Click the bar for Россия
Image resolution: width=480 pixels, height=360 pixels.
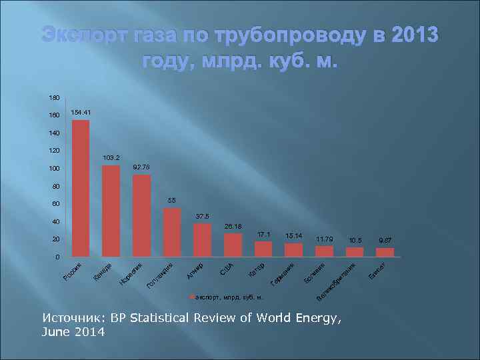(81, 188)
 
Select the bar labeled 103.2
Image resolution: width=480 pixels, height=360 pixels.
(111, 211)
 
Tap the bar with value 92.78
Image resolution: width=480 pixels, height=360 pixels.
(141, 215)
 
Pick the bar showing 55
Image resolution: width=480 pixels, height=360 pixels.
(172, 232)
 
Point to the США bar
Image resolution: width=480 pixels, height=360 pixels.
(233, 245)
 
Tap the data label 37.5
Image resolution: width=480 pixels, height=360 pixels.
(203, 216)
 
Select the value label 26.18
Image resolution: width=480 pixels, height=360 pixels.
(233, 226)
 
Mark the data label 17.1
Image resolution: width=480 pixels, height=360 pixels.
(264, 234)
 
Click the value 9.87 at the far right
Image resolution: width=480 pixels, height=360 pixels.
(385, 240)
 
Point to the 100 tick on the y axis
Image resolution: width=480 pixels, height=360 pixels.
(53, 169)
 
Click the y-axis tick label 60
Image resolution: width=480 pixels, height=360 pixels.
(55, 204)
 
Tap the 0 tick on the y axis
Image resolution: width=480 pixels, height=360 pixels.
(58, 257)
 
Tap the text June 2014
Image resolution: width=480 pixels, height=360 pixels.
(73, 332)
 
